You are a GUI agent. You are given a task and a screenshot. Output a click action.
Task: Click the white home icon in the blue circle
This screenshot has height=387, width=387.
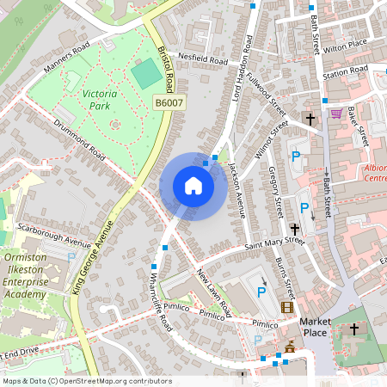(x=193, y=185)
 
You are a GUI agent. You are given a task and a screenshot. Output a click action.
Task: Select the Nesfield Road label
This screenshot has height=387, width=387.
(x=203, y=60)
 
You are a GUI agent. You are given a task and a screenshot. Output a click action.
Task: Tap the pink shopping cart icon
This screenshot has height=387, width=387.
(x=336, y=114)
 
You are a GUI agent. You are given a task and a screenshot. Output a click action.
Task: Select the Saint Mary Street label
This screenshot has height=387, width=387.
(x=275, y=246)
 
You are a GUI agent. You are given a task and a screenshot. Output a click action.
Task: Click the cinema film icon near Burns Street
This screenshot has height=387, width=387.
(x=286, y=307)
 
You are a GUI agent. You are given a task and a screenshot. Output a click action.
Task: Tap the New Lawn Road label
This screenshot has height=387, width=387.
(x=213, y=292)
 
